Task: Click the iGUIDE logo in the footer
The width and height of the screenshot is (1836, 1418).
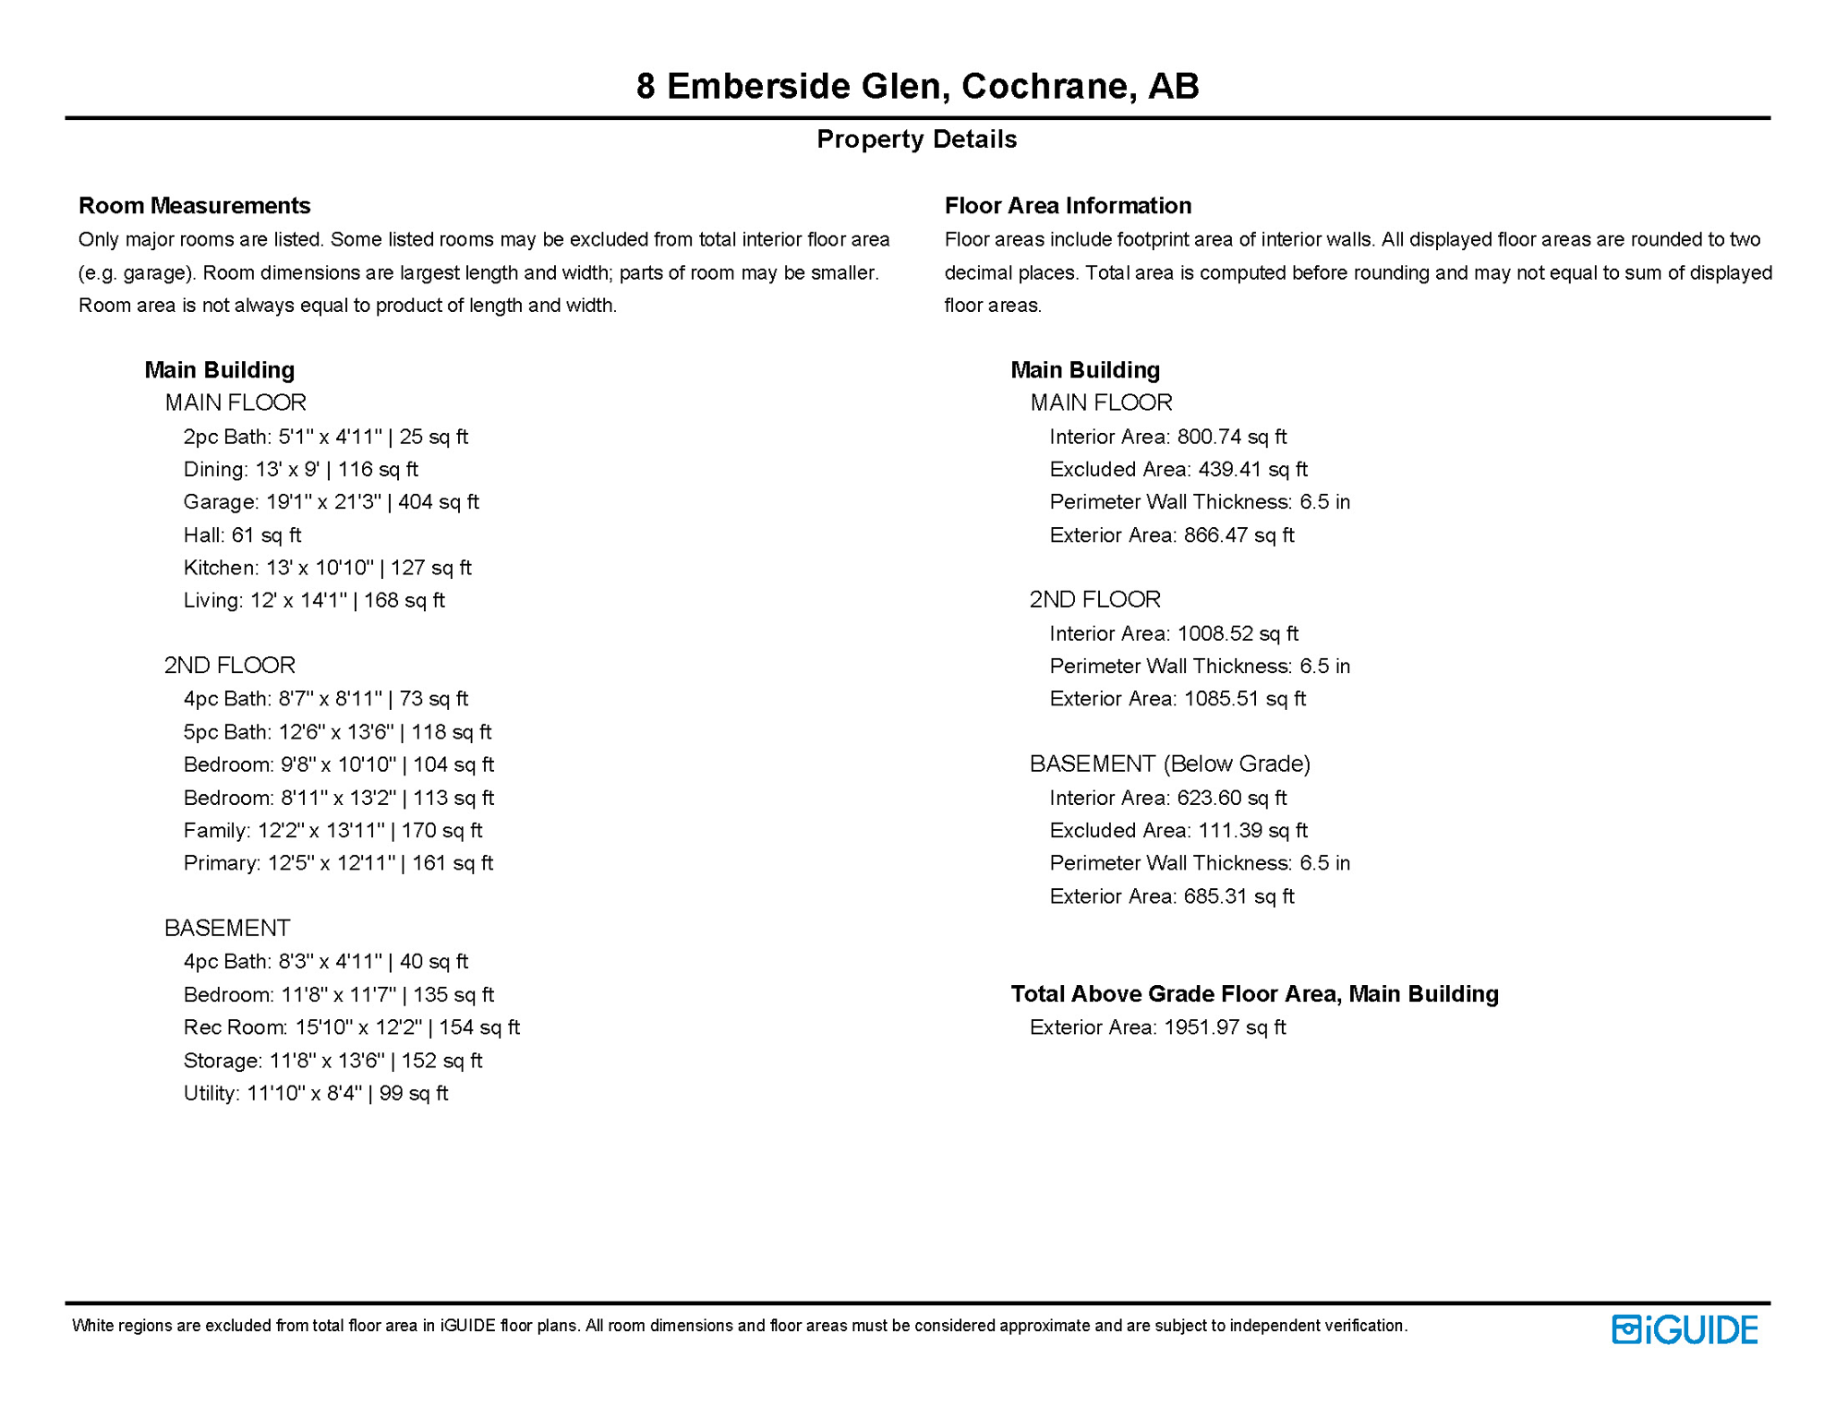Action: point(1685,1329)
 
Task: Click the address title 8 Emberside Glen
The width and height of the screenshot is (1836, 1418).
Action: point(917,86)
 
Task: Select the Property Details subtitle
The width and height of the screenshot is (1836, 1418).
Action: point(916,139)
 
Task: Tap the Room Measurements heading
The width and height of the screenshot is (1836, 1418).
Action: point(194,205)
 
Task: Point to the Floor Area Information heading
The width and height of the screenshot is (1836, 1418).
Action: point(1068,205)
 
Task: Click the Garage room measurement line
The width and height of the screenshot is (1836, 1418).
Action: point(331,502)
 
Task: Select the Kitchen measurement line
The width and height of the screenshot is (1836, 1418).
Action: point(327,568)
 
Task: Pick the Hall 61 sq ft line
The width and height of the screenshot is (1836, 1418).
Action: point(242,535)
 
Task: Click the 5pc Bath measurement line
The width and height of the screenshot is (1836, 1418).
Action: point(337,732)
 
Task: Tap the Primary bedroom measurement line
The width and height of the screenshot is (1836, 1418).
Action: point(338,863)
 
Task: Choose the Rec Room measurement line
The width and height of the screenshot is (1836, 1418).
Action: point(351,1027)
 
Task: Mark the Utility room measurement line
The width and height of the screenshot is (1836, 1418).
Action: point(315,1093)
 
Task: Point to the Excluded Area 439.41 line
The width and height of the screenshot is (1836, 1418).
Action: point(1178,469)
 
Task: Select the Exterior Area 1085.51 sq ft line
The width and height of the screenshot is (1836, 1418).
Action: point(1178,699)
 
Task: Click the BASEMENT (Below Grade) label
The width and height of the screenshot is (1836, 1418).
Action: point(1170,763)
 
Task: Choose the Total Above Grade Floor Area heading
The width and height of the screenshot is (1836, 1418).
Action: point(1254,994)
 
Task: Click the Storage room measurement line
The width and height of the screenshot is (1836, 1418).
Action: point(332,1061)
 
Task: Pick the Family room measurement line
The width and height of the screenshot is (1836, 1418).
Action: point(332,831)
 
